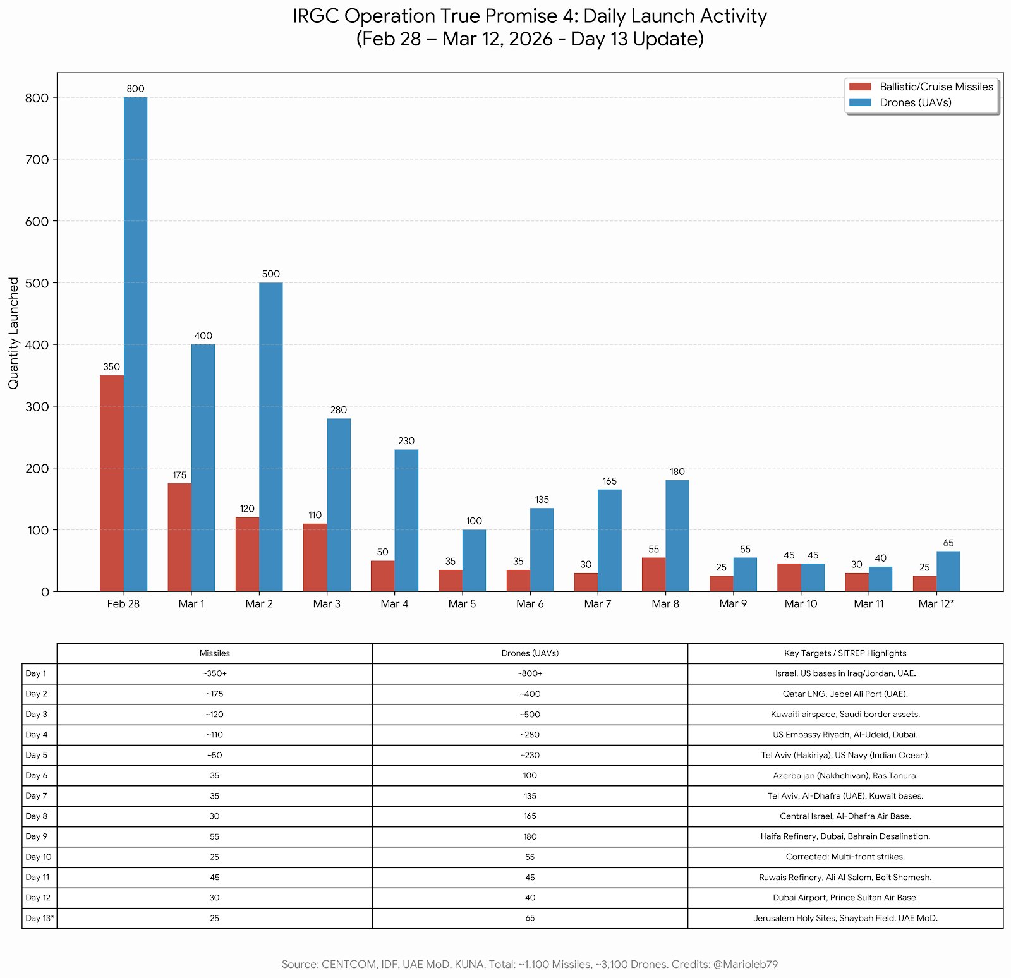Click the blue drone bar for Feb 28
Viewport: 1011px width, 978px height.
(135, 344)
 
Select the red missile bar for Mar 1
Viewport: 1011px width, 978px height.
(179, 537)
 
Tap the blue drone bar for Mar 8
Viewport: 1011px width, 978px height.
(677, 536)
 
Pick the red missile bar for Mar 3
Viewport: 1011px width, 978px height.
(315, 557)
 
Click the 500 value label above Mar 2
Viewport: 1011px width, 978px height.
(270, 274)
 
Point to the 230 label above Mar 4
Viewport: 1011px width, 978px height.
(406, 441)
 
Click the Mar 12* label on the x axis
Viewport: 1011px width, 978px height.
(936, 604)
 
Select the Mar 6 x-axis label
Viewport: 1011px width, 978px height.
(530, 604)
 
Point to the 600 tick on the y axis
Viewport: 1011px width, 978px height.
(37, 222)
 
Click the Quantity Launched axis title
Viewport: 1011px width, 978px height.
(14, 332)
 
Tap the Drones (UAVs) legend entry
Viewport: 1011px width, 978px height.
(915, 103)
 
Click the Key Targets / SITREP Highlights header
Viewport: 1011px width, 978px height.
(845, 653)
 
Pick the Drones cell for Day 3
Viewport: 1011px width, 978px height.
(530, 715)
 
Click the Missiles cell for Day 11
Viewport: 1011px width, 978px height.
(214, 878)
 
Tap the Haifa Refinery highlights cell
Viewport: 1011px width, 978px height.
(845, 836)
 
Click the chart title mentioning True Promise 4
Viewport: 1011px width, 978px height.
(530, 27)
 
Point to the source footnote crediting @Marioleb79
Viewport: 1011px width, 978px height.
(530, 964)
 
